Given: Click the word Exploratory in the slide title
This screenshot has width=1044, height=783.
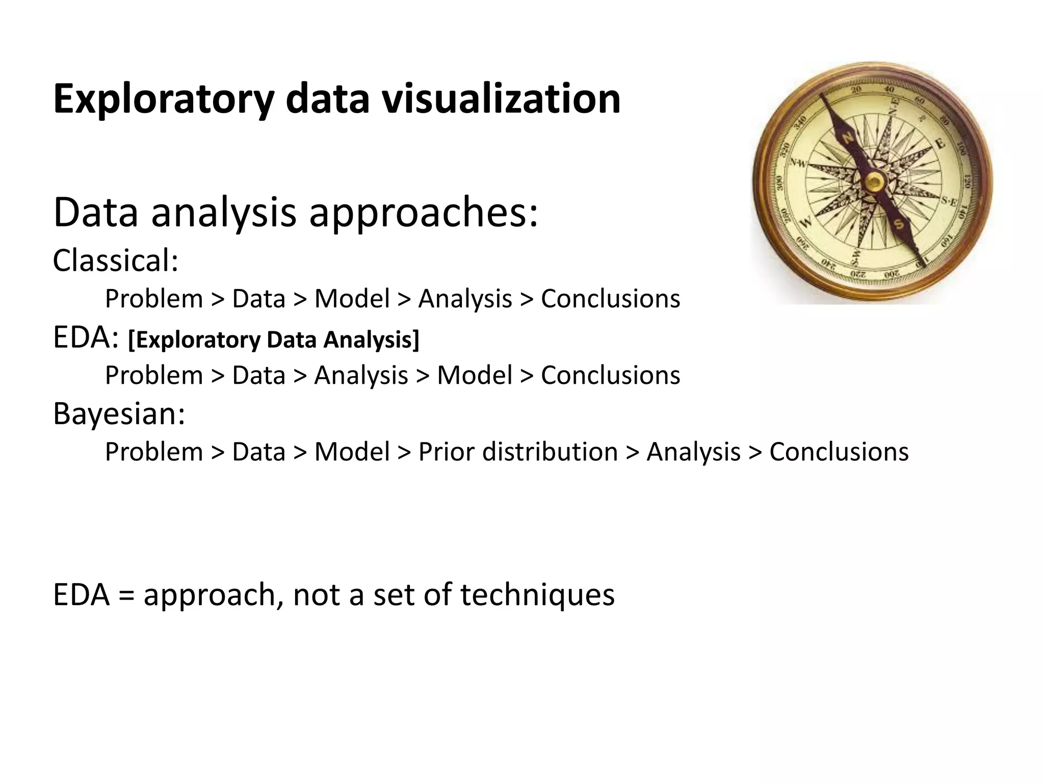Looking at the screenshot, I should tap(163, 99).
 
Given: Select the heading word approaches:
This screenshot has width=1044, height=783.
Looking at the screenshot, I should tap(423, 213).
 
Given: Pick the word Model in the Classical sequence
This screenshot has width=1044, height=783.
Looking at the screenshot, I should tap(352, 299).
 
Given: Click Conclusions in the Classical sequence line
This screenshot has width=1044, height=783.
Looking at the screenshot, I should tap(610, 299).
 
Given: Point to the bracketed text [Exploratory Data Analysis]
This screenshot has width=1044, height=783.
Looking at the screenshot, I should tap(273, 340).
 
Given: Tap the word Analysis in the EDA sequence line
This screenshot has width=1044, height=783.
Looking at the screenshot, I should tap(361, 376).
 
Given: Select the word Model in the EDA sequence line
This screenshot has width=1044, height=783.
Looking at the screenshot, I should tap(475, 376).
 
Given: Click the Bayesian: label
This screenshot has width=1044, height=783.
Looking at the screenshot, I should tap(119, 413).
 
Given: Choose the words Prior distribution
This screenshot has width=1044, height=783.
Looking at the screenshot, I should tap(518, 452).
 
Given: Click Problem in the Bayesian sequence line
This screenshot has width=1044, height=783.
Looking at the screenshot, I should tap(154, 452).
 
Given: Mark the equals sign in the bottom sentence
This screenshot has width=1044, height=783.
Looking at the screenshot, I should tap(126, 595).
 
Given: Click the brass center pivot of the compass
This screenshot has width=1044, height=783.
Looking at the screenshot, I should tap(875, 180).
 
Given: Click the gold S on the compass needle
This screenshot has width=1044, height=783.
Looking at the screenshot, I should tap(899, 224).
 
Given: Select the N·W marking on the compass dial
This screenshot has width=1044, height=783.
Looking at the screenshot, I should tap(799, 163).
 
